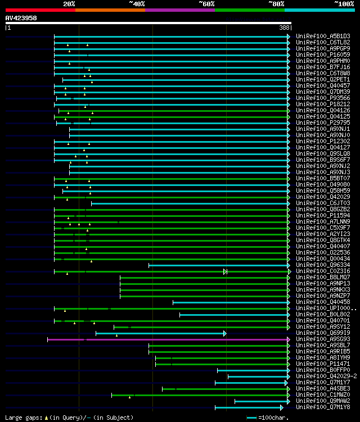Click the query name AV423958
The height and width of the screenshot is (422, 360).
(x=21, y=18)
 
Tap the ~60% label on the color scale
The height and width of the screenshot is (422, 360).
(x=206, y=3)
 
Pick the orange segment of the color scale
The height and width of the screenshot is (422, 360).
(x=110, y=10)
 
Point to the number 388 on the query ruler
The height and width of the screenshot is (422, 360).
(x=285, y=27)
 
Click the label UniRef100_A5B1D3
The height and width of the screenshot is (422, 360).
(x=323, y=36)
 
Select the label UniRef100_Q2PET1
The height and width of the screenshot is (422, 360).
(x=323, y=80)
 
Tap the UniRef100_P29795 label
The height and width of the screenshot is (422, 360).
(x=323, y=122)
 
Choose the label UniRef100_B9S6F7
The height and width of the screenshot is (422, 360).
(x=323, y=160)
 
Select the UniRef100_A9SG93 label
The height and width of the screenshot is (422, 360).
(x=323, y=339)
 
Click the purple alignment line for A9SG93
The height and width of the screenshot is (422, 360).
(x=169, y=339)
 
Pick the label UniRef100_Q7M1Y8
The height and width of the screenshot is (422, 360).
(x=323, y=407)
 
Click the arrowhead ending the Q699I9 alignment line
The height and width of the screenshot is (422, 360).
(x=225, y=333)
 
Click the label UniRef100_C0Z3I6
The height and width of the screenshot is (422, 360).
(x=323, y=271)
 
